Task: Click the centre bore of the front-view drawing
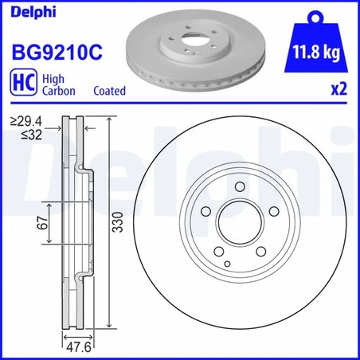[x=240, y=228]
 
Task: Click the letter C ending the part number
[x=96, y=53]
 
